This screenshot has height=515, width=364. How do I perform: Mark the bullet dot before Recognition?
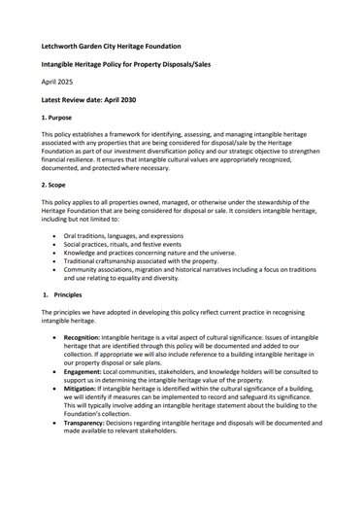(x=65, y=332)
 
